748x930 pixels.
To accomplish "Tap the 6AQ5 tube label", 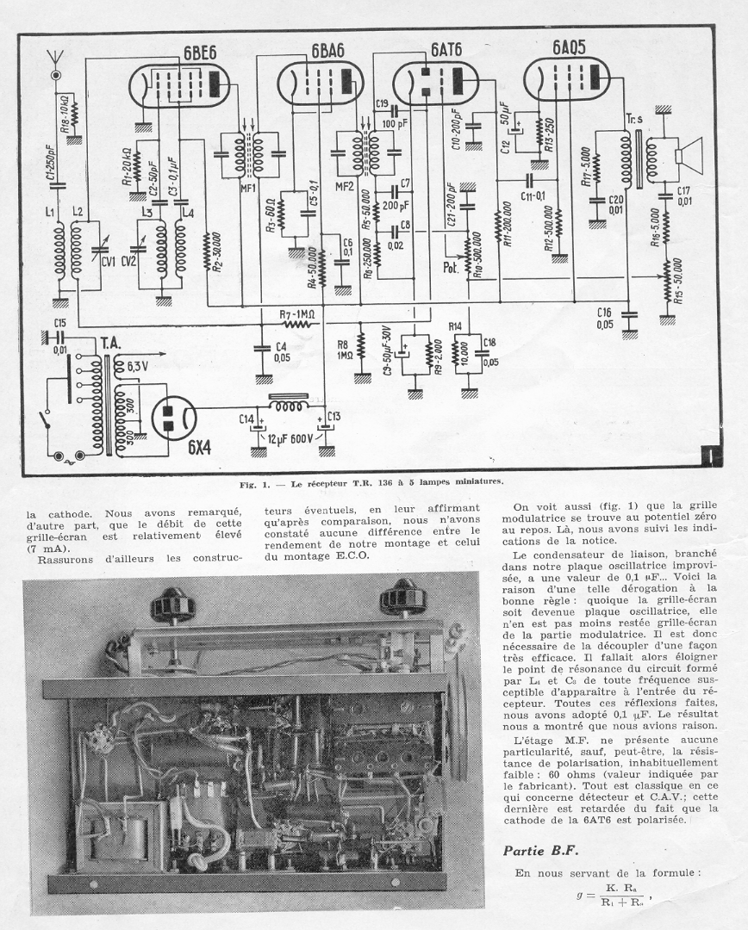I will pos(565,48).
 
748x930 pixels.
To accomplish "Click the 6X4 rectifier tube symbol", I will pos(175,419).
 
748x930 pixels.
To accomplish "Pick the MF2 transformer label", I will pos(344,186).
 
